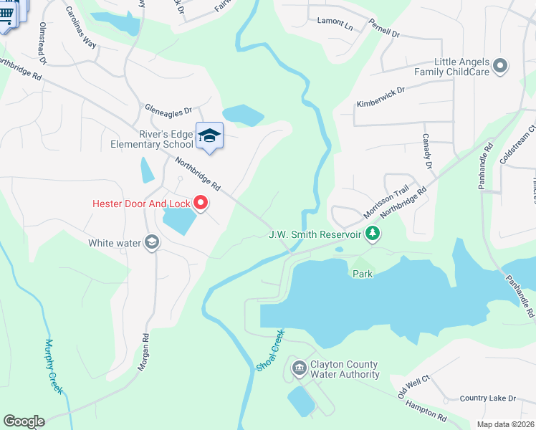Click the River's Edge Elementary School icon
click(209, 135)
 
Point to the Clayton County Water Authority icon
click(299, 369)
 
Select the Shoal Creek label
click(270, 350)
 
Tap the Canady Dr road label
click(428, 151)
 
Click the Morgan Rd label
click(143, 351)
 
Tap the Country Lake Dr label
click(487, 398)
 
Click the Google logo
click(24, 421)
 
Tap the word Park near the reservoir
click(363, 274)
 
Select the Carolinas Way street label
click(81, 28)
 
